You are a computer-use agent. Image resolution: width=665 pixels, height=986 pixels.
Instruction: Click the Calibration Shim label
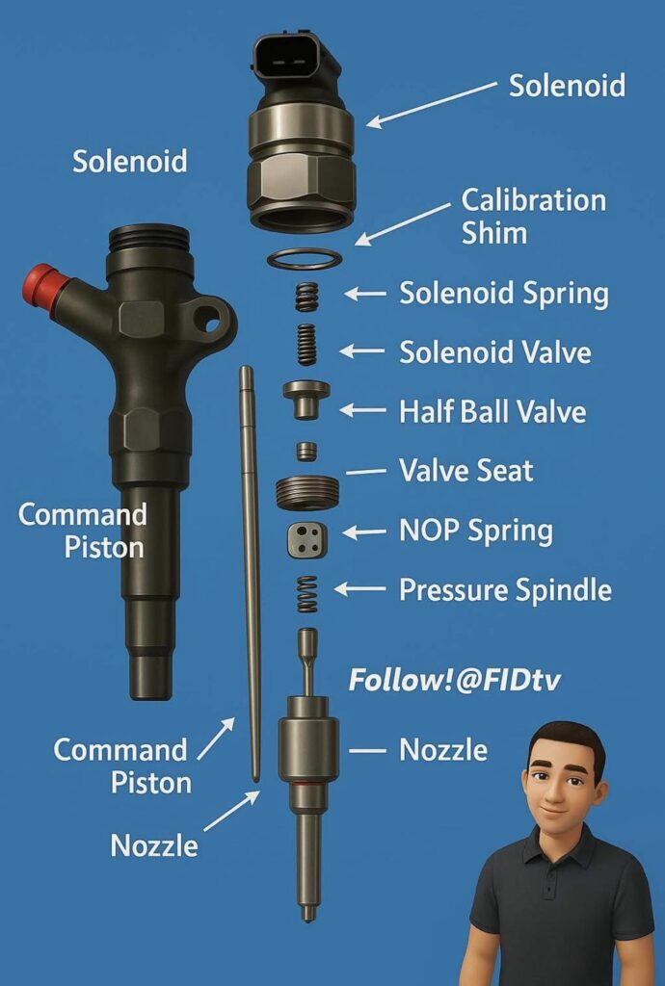[534, 217]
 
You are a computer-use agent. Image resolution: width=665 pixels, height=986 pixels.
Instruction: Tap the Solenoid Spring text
[504, 294]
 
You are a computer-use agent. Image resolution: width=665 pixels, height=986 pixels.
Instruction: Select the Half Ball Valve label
[492, 412]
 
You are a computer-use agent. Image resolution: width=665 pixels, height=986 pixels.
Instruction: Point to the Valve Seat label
[466, 470]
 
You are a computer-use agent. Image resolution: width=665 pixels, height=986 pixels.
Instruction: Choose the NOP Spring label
[476, 531]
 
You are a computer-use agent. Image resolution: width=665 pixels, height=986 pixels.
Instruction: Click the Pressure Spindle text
[506, 590]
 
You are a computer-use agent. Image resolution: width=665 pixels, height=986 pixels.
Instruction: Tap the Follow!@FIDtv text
[454, 680]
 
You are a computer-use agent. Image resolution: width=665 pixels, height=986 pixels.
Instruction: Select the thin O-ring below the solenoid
[305, 258]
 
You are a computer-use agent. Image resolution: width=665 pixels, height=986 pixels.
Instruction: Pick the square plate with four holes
[307, 539]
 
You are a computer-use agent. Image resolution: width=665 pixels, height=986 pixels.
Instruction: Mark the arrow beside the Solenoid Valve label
[361, 350]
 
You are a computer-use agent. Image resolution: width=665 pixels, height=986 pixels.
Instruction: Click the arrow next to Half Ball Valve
[362, 410]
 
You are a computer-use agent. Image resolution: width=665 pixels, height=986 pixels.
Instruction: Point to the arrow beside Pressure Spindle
[359, 589]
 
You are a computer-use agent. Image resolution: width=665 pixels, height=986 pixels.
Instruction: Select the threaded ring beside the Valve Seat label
[307, 492]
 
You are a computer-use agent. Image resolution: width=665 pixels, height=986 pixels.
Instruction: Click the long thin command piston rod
[251, 574]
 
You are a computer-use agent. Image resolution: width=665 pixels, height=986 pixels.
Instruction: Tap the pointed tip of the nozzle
[307, 918]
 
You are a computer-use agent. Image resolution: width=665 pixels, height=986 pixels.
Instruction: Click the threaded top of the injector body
[149, 239]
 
